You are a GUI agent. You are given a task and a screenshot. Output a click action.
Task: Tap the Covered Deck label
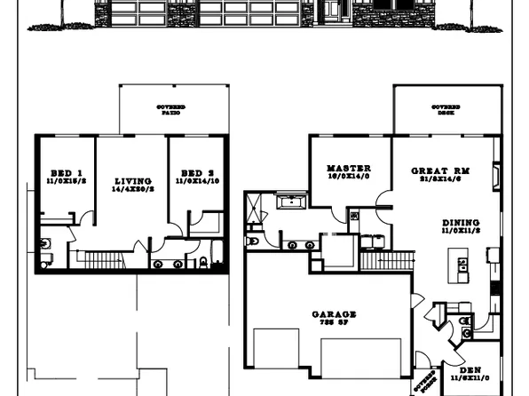pos(446,110)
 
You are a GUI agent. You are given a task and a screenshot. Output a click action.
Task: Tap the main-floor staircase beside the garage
pos(389,259)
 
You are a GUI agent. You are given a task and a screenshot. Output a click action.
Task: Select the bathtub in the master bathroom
pos(290,203)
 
